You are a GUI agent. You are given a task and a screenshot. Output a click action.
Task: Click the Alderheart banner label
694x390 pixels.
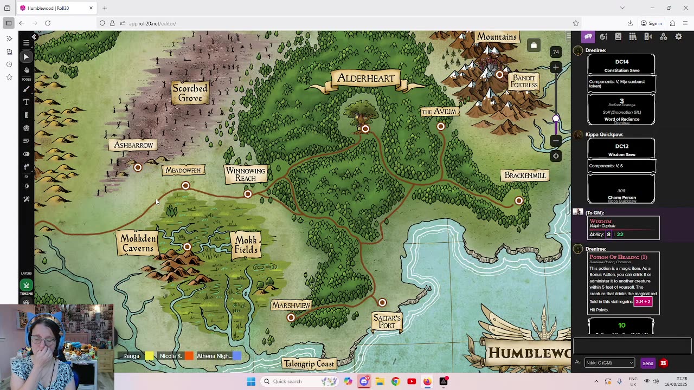click(x=366, y=79)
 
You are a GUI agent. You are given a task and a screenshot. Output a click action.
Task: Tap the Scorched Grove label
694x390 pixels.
click(x=190, y=93)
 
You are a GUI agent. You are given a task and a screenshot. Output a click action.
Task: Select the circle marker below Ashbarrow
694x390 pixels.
click(x=138, y=168)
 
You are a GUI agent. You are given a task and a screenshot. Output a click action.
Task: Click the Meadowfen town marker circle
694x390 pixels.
click(x=185, y=186)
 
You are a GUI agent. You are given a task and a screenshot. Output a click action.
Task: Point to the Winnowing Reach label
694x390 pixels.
click(x=246, y=174)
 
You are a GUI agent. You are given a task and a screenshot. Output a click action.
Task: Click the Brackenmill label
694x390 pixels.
click(x=525, y=175)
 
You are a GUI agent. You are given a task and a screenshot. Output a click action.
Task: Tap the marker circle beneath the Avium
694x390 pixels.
click(x=441, y=127)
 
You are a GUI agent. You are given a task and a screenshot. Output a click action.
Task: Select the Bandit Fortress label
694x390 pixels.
click(x=524, y=81)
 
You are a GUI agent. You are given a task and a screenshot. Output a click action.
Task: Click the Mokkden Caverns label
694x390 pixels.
click(x=138, y=244)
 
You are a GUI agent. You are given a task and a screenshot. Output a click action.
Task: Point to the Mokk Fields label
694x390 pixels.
click(x=246, y=245)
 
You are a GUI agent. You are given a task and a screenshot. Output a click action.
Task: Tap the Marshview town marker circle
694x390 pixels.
click(x=291, y=317)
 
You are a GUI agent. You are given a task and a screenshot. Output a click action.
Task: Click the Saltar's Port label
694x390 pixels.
click(x=387, y=321)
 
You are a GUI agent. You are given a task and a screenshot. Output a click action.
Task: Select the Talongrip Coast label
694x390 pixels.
click(x=309, y=364)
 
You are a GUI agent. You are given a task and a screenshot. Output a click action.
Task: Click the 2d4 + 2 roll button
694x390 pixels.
click(x=642, y=302)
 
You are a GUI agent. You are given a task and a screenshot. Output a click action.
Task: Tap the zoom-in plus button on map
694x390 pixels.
click(x=555, y=67)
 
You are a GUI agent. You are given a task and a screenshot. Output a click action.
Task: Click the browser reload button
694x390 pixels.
click(x=48, y=23)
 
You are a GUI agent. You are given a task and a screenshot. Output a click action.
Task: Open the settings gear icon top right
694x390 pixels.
click(x=678, y=37)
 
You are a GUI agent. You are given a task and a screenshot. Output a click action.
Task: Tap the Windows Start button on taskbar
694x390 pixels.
click(x=251, y=381)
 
